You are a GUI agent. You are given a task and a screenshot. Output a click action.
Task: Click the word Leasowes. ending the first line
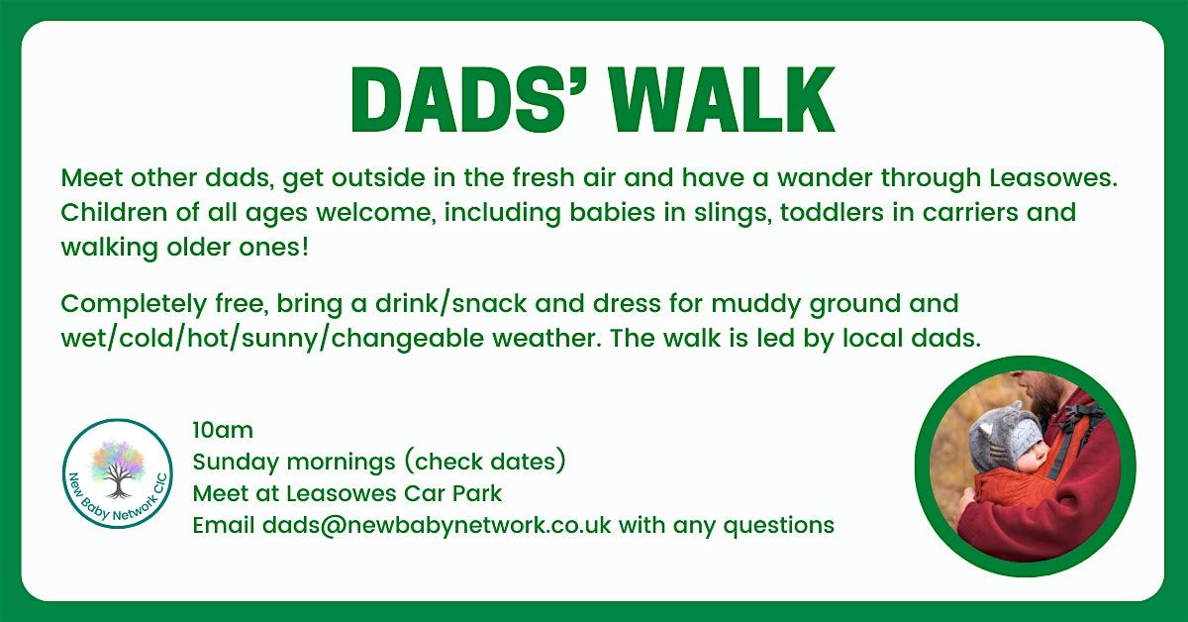pos(1053,178)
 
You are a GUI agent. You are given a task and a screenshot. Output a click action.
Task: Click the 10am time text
pos(223,430)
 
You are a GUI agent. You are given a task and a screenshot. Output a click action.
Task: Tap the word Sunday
pos(236,463)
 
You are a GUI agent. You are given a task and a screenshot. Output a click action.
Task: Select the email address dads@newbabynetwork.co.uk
pos(437,525)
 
